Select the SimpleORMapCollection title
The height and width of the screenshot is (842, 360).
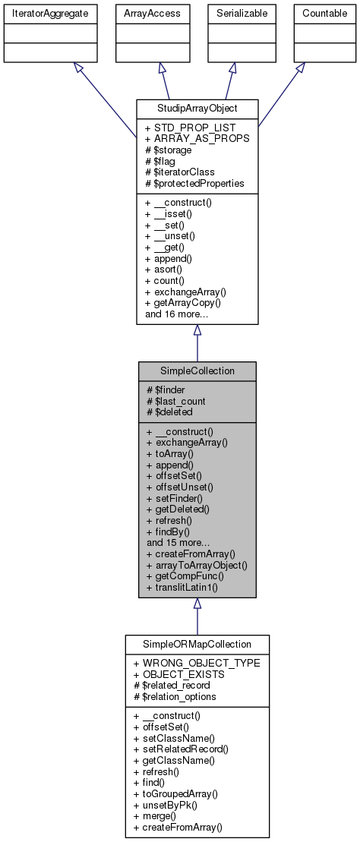pyautogui.click(x=197, y=644)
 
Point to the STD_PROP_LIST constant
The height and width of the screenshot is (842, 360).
pyautogui.click(x=190, y=128)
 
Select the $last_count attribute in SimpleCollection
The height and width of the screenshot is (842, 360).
pyautogui.click(x=175, y=401)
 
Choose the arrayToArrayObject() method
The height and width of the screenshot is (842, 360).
pyautogui.click(x=196, y=565)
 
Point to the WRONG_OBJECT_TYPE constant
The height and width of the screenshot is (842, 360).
pyautogui.click(x=196, y=663)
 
